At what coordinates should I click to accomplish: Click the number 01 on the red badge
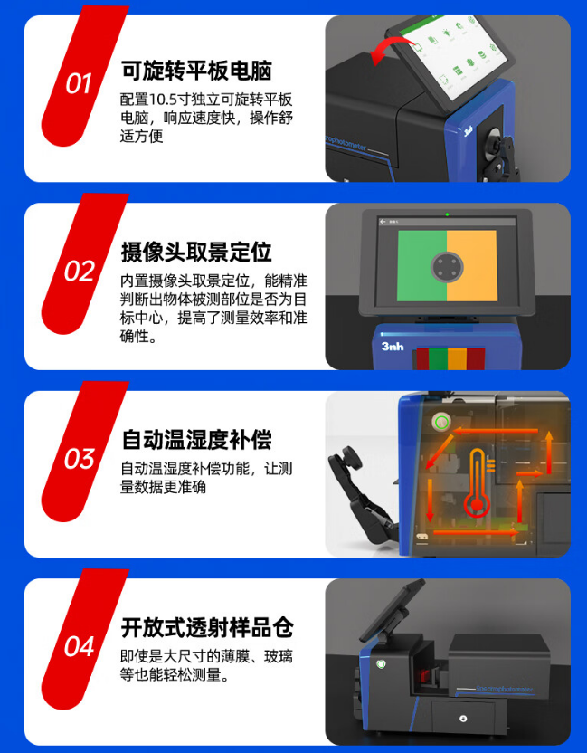coord(79,84)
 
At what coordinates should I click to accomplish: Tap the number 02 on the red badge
coord(79,272)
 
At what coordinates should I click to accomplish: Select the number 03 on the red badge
coord(79,459)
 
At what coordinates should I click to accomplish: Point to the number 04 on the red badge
coord(79,647)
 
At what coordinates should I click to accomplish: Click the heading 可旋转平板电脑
coord(196,71)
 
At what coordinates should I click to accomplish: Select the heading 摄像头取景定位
coord(196,251)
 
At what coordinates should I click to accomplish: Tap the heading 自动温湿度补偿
coord(196,440)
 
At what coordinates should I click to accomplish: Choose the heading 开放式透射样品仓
coord(207,628)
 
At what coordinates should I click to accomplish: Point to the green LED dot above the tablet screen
coord(447,214)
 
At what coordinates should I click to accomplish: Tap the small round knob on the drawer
coord(463,719)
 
